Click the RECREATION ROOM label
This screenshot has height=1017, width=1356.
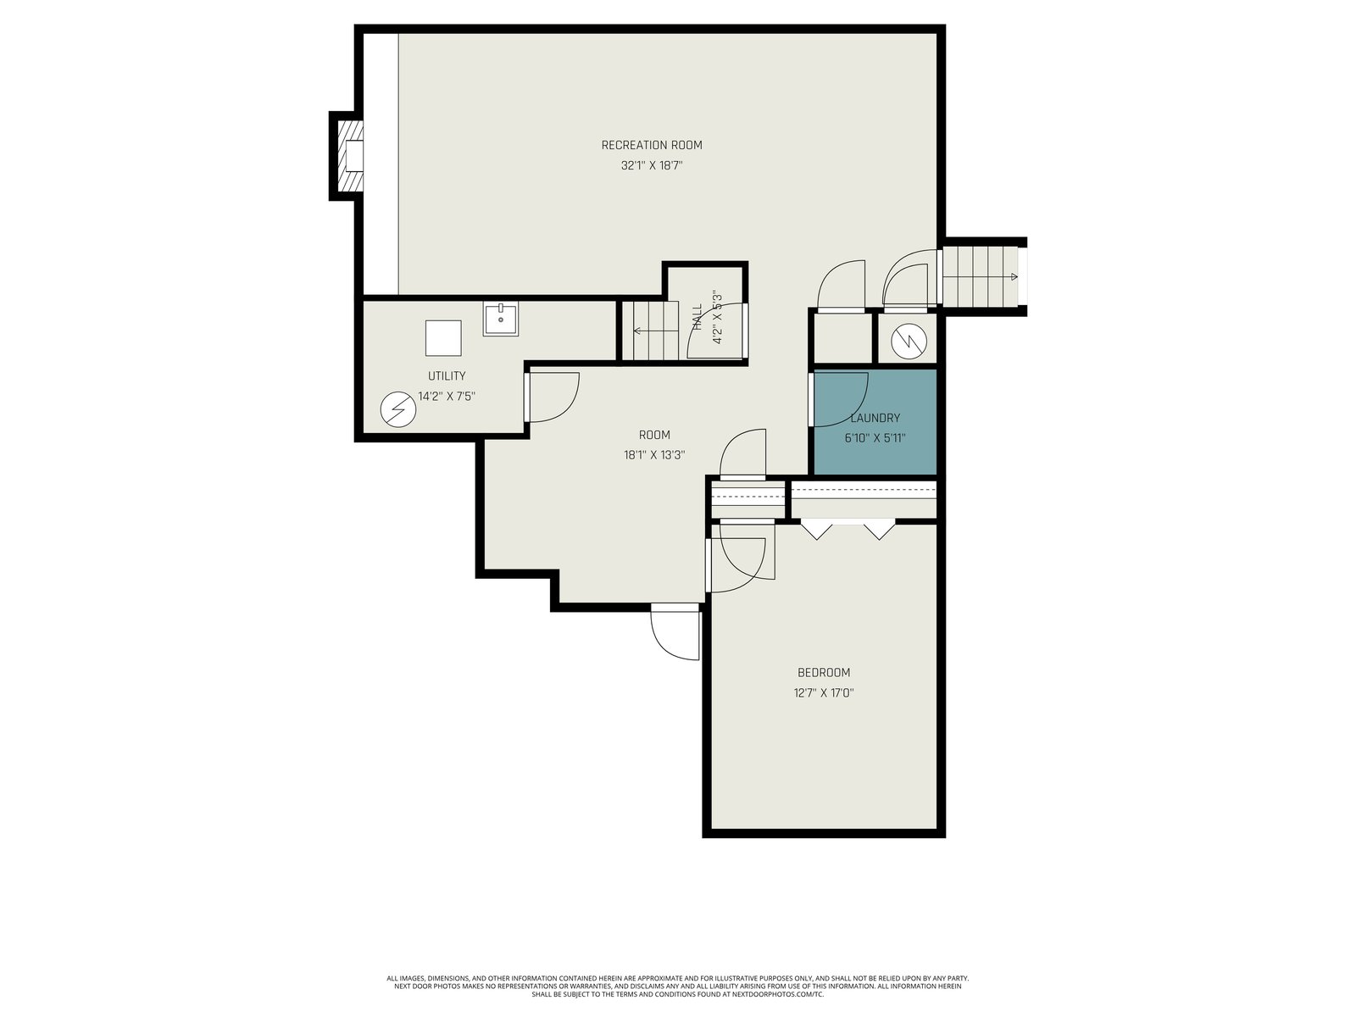click(x=651, y=145)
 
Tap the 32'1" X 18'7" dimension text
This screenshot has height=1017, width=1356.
click(x=651, y=165)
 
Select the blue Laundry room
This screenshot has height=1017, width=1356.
click(x=875, y=422)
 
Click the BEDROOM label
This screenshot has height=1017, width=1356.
click(x=823, y=672)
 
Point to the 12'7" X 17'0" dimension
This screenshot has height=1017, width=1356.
click(x=823, y=692)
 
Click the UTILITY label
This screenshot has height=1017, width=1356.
click(x=447, y=376)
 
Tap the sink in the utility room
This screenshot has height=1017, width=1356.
click(x=500, y=320)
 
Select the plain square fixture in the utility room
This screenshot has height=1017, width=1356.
click(x=443, y=338)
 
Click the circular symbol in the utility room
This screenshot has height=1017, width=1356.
click(x=397, y=409)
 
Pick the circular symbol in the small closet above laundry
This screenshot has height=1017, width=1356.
click(x=909, y=342)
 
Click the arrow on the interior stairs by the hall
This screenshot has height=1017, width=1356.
click(x=656, y=331)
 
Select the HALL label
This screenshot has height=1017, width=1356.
click(x=697, y=316)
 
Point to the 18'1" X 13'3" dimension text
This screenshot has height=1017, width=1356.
click(x=654, y=455)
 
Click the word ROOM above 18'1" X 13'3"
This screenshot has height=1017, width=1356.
click(x=654, y=435)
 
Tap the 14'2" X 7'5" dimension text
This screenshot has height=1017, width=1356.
click(x=447, y=397)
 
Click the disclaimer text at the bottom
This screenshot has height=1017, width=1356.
click(x=678, y=986)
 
